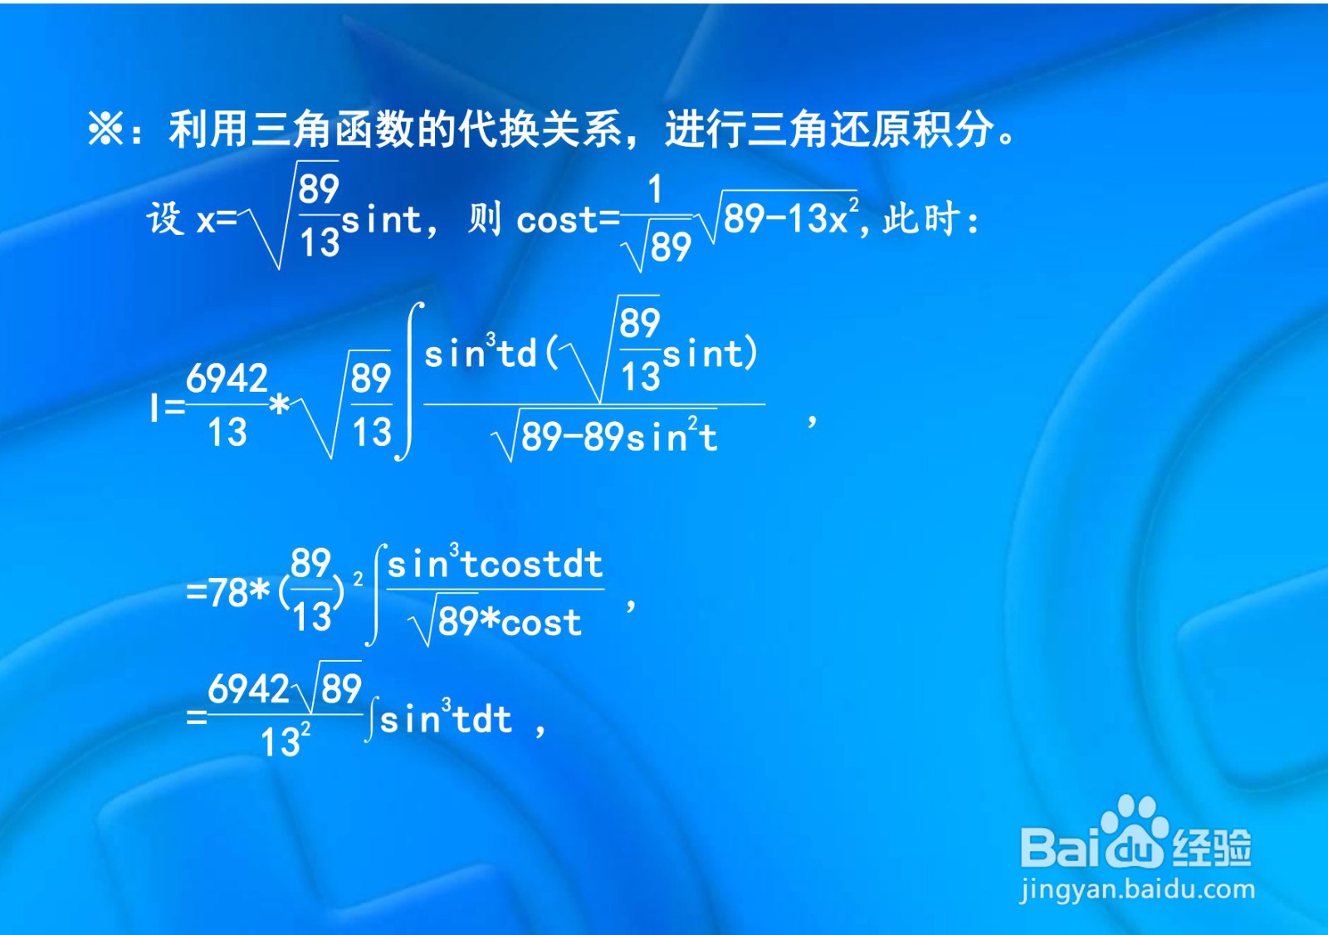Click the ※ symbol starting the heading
pos(106,130)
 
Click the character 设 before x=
pos(164,219)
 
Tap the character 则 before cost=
pos(485,219)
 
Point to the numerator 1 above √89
pos(656,189)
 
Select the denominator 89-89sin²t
pos(619,437)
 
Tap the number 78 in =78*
pos(228,593)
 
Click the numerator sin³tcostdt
pos(495,565)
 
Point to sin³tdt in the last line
pos(445,719)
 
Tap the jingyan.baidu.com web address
pos(1137,889)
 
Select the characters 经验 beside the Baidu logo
pos(1212,847)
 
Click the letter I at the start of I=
pos(154,408)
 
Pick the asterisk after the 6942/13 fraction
pos(281,405)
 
